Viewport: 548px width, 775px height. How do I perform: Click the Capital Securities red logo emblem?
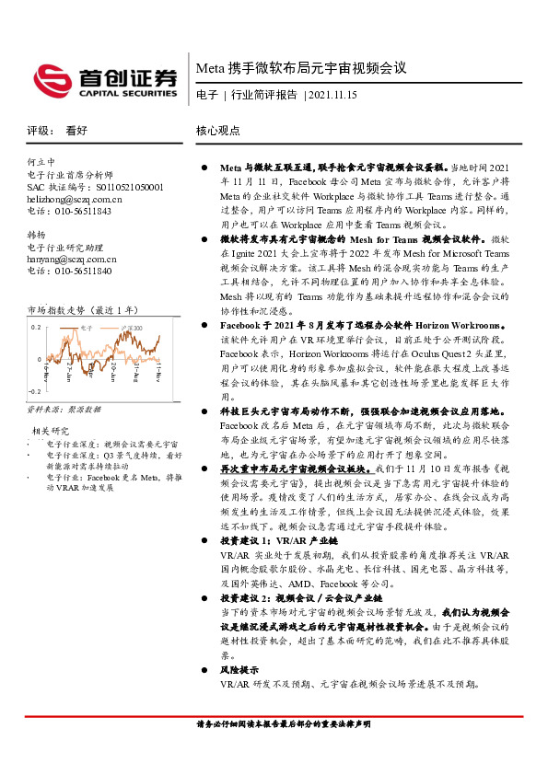tap(52, 80)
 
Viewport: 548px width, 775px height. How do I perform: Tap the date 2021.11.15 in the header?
tap(332, 95)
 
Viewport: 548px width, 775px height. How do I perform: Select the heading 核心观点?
tap(218, 131)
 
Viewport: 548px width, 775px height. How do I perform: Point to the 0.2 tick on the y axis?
tap(36, 327)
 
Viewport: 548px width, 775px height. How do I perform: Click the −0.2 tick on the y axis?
tap(34, 391)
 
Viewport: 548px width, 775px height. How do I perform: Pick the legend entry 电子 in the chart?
tap(87, 327)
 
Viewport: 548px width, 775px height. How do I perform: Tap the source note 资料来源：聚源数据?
tap(64, 409)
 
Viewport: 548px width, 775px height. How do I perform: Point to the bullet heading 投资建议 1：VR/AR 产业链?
tap(267, 543)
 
